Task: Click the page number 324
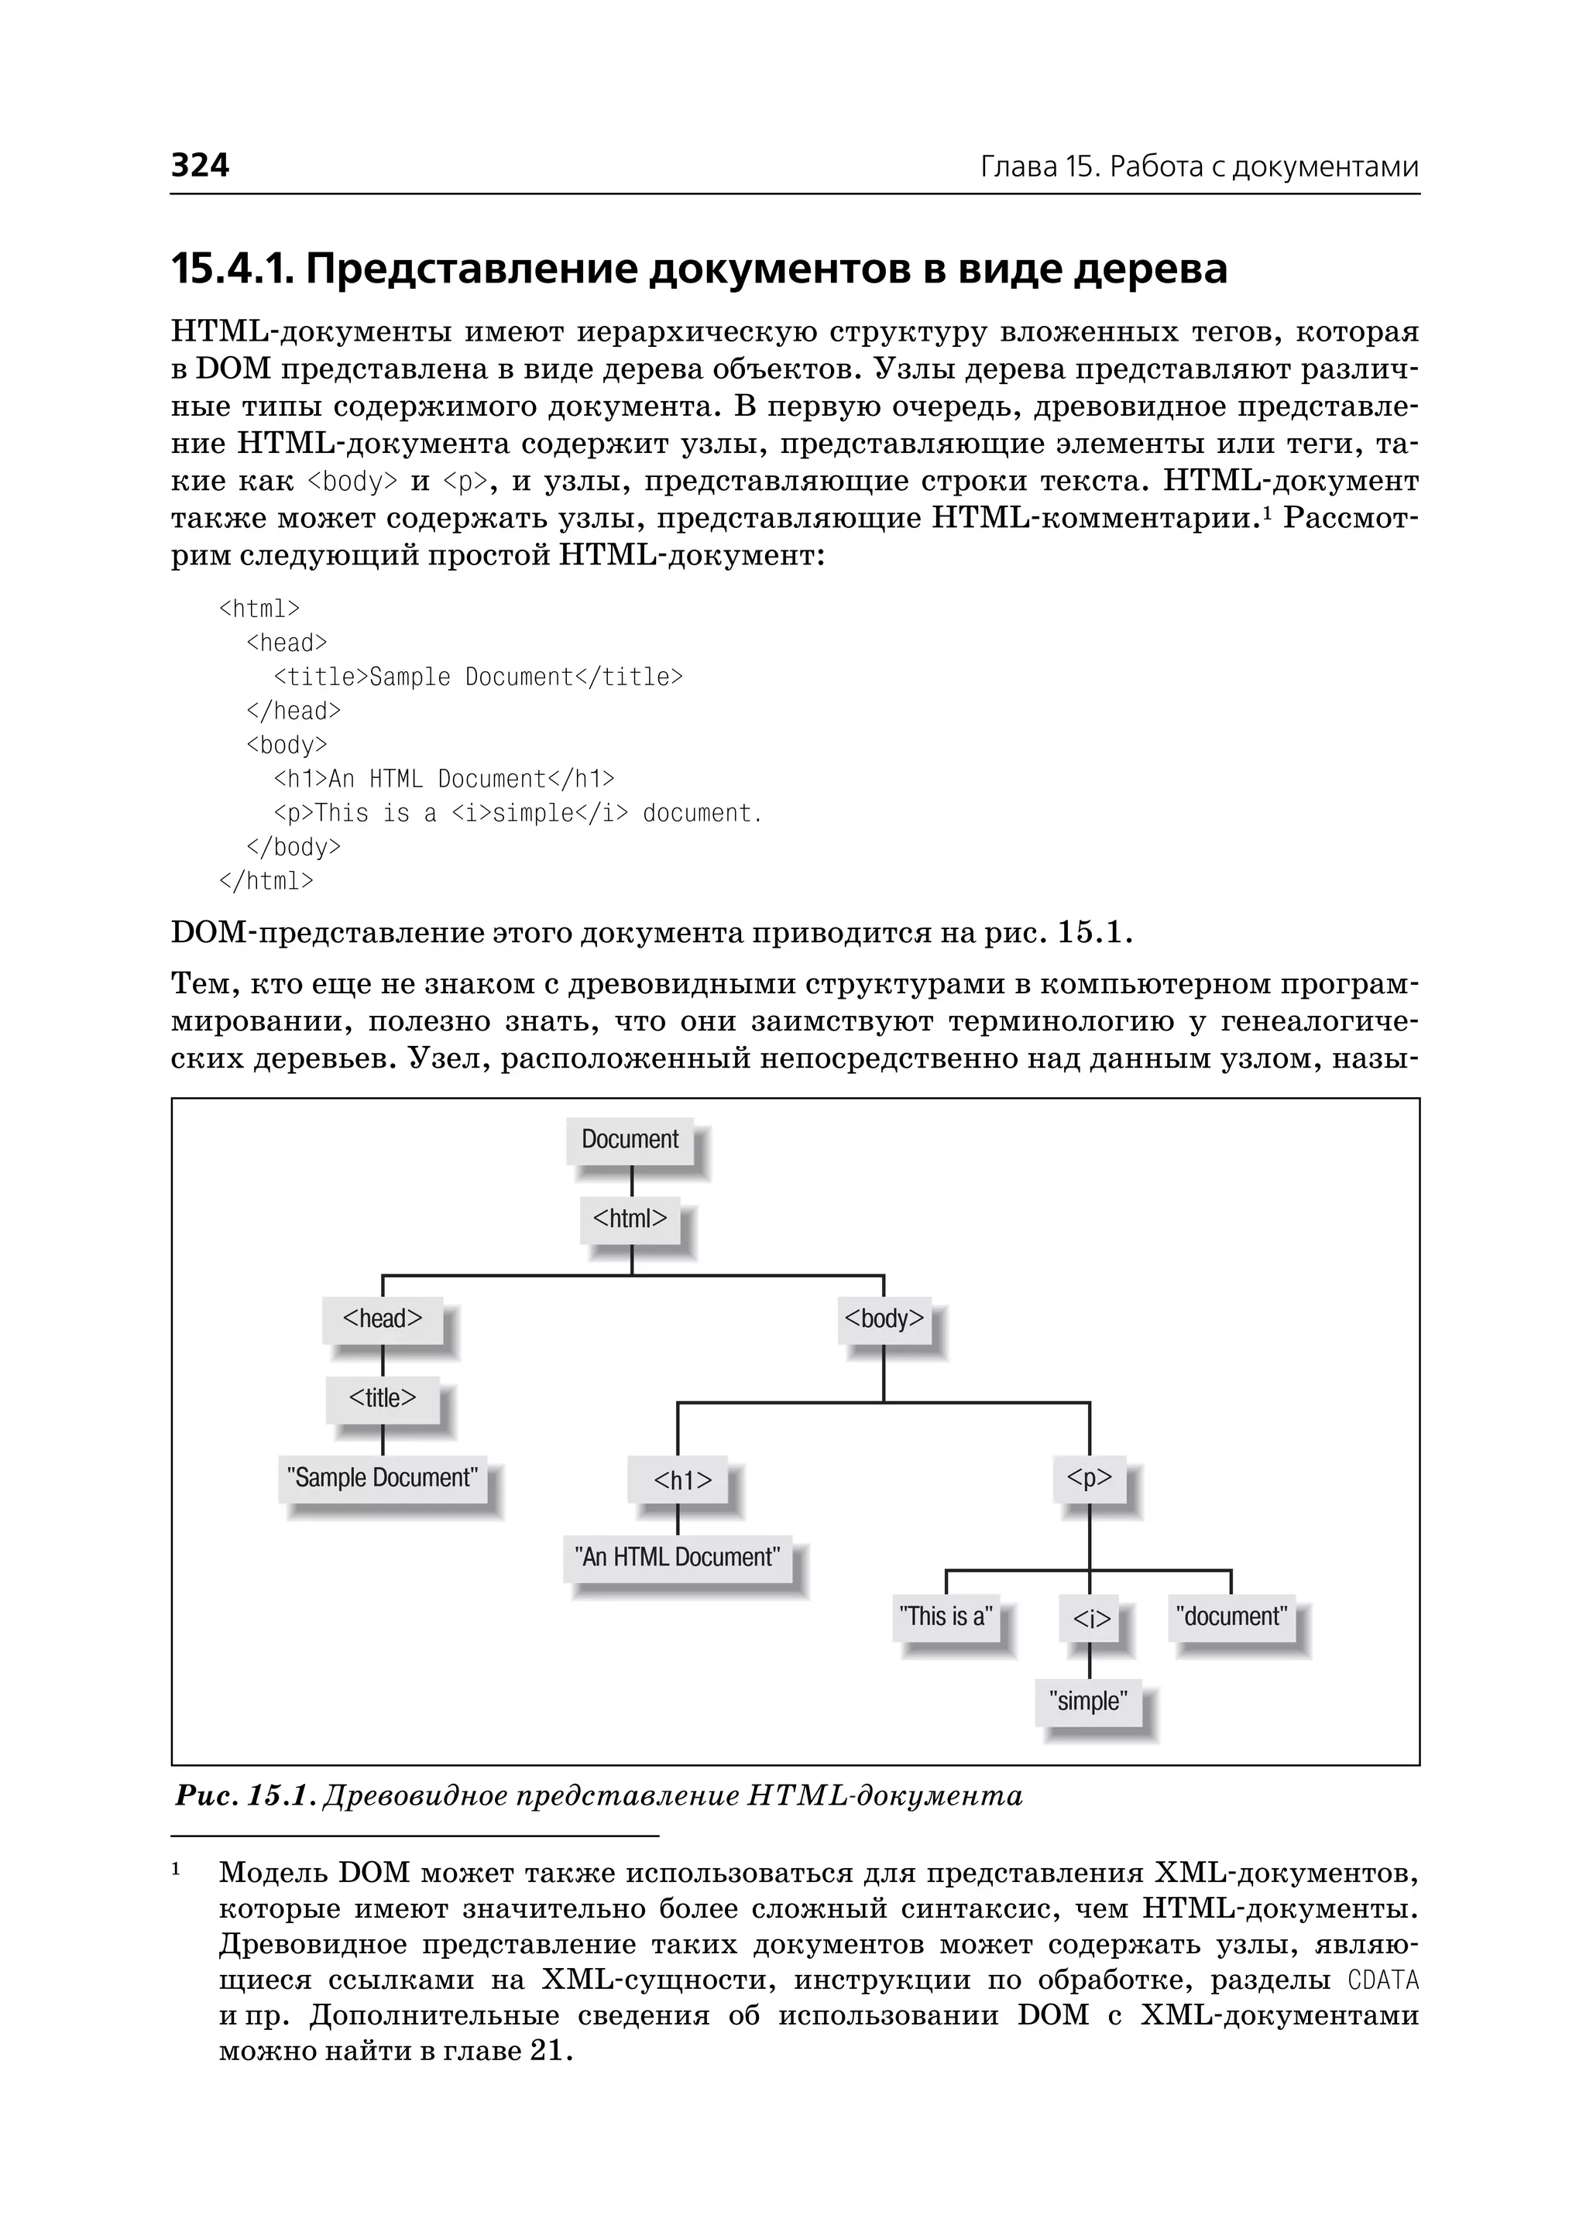click(x=201, y=165)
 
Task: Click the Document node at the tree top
click(x=630, y=1140)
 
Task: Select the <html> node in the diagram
click(x=630, y=1219)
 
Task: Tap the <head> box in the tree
click(x=382, y=1319)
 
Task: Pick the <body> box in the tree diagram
click(x=884, y=1319)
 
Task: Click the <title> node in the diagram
click(x=382, y=1398)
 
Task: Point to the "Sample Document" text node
click(x=382, y=1479)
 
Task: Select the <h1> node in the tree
click(x=682, y=1481)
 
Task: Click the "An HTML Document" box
click(x=678, y=1558)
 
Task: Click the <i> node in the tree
click(x=1091, y=1620)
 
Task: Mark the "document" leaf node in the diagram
click(x=1231, y=1617)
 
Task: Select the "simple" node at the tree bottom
click(x=1088, y=1702)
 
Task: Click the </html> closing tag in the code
click(x=266, y=881)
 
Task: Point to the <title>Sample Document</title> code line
click(x=479, y=677)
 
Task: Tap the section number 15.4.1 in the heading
click(x=232, y=269)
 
